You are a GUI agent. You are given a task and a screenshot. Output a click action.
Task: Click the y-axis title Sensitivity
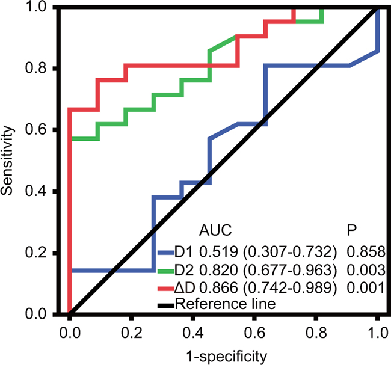(7, 161)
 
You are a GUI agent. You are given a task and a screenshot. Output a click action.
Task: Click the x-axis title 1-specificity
(227, 357)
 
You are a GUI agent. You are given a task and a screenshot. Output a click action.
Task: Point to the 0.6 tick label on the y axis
(36, 129)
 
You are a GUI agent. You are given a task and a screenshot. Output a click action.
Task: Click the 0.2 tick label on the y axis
(36, 252)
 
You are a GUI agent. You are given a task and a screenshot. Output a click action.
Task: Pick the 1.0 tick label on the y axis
(36, 7)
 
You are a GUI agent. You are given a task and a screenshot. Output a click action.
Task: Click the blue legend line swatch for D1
(166, 253)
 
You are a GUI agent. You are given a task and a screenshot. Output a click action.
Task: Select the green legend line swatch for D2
(166, 271)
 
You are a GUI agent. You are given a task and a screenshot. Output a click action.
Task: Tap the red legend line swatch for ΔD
(166, 289)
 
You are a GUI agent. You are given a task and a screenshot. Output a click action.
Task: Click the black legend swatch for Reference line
(166, 305)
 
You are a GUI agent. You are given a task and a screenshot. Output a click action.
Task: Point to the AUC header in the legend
(215, 230)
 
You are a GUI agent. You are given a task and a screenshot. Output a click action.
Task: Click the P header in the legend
(352, 230)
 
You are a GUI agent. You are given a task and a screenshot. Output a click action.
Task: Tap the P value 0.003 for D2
(366, 270)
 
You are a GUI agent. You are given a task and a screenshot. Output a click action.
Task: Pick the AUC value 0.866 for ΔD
(218, 287)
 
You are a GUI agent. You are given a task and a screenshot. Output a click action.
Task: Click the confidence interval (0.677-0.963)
(290, 270)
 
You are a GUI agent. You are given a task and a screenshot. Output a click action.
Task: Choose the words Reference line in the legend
(226, 304)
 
